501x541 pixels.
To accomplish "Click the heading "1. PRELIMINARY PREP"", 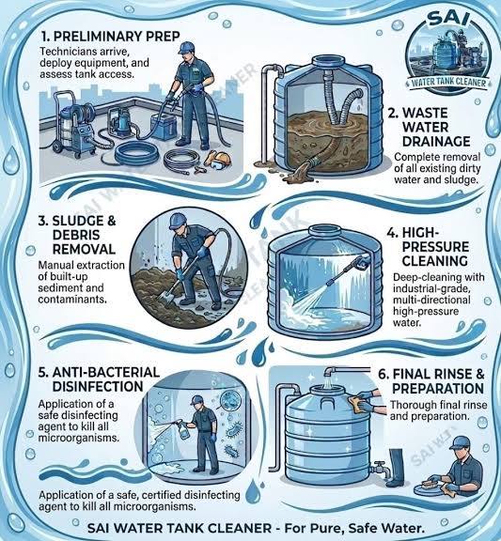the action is tap(111, 37).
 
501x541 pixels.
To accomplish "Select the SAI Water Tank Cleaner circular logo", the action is tap(448, 55).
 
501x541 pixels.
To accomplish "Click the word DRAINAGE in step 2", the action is tap(436, 142).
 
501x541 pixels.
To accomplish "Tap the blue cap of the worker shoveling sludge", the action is tap(178, 220).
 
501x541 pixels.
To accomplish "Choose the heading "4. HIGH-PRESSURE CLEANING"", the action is tap(428, 247).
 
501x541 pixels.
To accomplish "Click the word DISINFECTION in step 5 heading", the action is tap(98, 386).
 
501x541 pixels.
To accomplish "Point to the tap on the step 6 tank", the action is tap(380, 468).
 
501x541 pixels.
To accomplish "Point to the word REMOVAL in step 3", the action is tap(84, 249).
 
